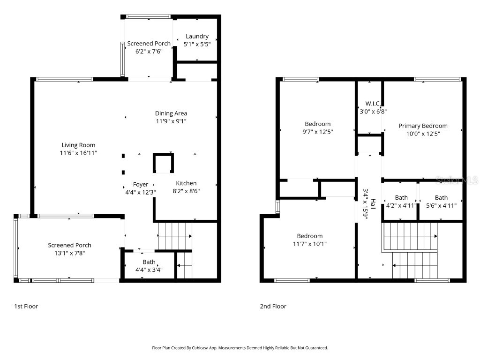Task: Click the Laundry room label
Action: pyautogui.click(x=197, y=37)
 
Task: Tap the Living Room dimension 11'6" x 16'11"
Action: pyautogui.click(x=78, y=153)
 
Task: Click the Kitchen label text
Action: pyautogui.click(x=186, y=183)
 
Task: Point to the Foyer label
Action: pyautogui.click(x=141, y=185)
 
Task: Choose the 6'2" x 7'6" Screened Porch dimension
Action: pyautogui.click(x=149, y=52)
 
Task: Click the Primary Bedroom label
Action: pyautogui.click(x=423, y=126)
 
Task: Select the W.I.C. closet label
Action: pyautogui.click(x=373, y=104)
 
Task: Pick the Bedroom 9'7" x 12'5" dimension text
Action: pyautogui.click(x=318, y=132)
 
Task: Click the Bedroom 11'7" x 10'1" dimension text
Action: pyautogui.click(x=309, y=243)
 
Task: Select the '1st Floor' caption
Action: pyautogui.click(x=26, y=306)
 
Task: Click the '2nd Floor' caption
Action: pyautogui.click(x=273, y=306)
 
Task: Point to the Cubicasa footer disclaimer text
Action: pyautogui.click(x=240, y=348)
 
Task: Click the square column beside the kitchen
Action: pyautogui.click(x=163, y=164)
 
